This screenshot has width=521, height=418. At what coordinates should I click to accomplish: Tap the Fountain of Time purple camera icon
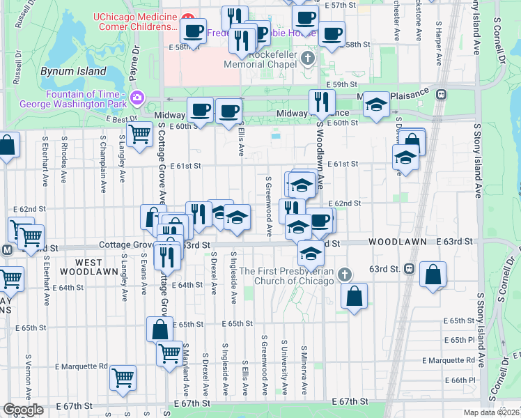(137, 95)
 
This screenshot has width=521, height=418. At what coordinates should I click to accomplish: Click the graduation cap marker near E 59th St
(377, 105)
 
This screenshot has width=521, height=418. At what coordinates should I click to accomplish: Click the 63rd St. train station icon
(410, 268)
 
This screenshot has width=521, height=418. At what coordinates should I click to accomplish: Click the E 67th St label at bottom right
(350, 402)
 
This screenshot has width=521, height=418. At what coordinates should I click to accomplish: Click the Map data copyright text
(489, 412)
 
